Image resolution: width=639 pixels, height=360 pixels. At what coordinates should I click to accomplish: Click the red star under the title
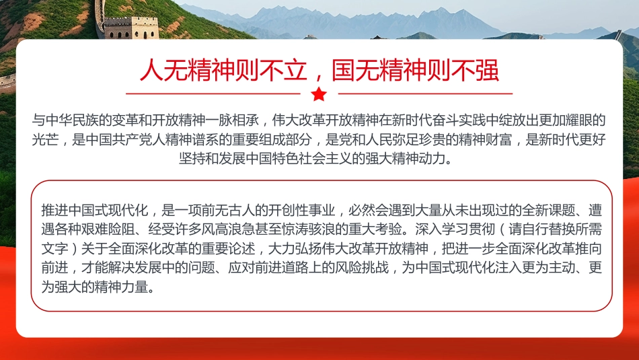(x=319, y=94)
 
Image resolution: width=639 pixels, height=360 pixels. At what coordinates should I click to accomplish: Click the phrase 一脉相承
(x=238, y=121)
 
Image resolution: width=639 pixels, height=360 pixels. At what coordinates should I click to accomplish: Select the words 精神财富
(x=495, y=141)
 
